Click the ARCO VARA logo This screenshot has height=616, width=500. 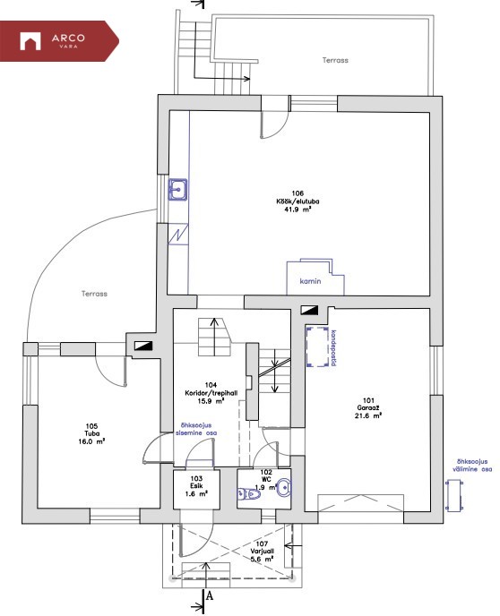[52, 41]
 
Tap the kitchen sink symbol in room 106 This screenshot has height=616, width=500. [177, 190]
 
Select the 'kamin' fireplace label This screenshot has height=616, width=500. [310, 281]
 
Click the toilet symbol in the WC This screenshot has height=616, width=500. [249, 494]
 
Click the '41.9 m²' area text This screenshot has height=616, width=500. [297, 210]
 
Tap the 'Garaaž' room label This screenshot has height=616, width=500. [368, 407]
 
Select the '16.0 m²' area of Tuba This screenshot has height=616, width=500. [91, 441]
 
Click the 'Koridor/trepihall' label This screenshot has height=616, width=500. [211, 393]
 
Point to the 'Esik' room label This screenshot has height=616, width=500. [196, 486]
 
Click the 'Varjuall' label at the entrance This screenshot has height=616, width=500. [263, 552]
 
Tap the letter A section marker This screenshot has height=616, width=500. [210, 596]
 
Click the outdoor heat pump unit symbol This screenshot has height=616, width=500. [454, 496]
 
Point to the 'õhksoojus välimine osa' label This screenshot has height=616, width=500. [471, 466]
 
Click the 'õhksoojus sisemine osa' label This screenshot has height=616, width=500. [196, 429]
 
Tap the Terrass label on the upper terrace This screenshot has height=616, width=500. [335, 60]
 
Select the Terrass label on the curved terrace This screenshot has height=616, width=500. [94, 294]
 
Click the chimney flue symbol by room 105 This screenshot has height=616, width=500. [143, 346]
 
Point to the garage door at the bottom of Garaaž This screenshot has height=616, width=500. [361, 503]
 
